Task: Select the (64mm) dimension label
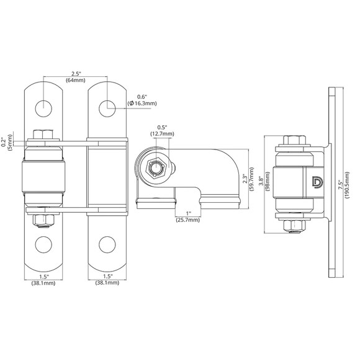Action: tap(75, 82)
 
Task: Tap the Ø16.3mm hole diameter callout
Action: tap(142, 104)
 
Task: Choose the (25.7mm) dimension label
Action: tap(187, 220)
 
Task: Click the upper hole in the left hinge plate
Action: tap(43, 107)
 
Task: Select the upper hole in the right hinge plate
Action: tap(107, 107)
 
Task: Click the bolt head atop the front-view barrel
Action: tap(43, 134)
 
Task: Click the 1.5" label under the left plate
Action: tap(43, 277)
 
